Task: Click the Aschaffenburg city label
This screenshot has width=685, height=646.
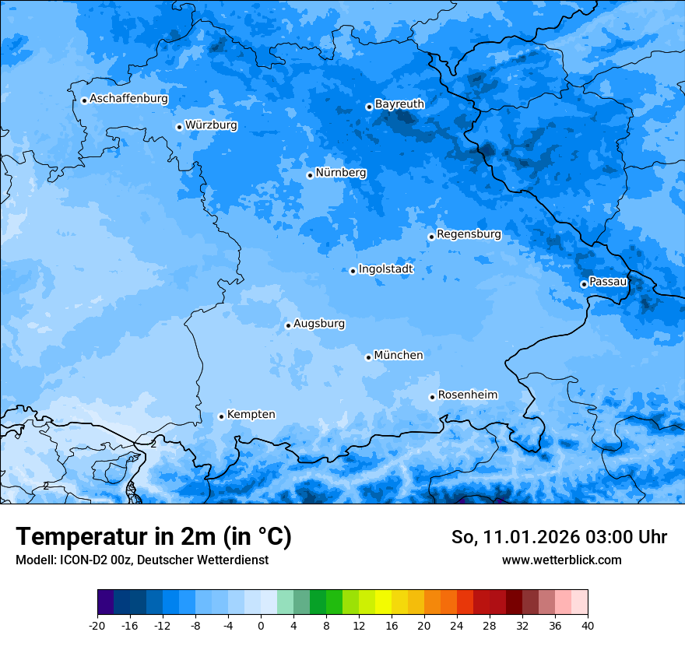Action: [x=128, y=99]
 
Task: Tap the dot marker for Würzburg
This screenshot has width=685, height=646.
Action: [x=179, y=127]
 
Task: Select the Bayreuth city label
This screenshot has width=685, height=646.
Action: [x=399, y=104]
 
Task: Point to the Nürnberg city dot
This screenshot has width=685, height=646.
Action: [x=310, y=175]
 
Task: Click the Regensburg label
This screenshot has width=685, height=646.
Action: [x=469, y=233]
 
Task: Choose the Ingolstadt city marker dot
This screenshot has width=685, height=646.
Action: [x=353, y=271]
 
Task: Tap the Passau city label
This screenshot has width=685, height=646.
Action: [x=608, y=281]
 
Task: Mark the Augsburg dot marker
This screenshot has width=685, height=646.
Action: [x=288, y=325]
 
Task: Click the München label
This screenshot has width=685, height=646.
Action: [x=399, y=355]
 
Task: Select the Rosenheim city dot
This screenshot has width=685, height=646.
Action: [x=432, y=397]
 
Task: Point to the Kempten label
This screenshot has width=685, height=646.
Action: [x=251, y=414]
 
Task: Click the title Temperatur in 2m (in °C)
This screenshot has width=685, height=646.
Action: [x=153, y=537]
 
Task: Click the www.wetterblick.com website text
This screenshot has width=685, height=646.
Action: [x=561, y=560]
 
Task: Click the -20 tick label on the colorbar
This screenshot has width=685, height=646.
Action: [x=97, y=625]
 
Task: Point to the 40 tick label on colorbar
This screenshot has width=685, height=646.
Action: [x=588, y=625]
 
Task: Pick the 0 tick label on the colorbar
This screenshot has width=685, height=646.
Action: [x=261, y=625]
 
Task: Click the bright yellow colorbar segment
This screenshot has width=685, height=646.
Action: [x=383, y=602]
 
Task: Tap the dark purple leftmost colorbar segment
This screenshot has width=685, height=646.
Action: [x=106, y=602]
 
